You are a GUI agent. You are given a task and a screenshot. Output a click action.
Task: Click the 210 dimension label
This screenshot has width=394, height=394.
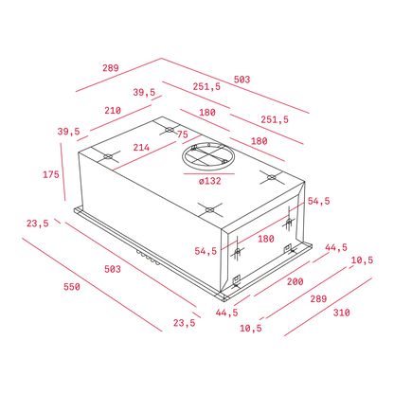(113, 111)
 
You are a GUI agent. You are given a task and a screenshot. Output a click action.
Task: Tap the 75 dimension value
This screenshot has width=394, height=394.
(183, 134)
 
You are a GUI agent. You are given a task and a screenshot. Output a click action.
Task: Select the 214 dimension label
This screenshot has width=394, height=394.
(141, 147)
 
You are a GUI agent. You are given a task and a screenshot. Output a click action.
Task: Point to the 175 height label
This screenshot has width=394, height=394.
(51, 174)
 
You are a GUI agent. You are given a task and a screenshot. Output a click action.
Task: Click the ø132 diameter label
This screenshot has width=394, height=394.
(210, 181)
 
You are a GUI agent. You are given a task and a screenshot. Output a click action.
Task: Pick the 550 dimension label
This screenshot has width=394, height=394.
(72, 287)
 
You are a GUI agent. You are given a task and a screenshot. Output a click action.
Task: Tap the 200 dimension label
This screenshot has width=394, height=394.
(295, 281)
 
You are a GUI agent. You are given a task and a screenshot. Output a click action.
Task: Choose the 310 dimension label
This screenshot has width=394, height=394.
(342, 313)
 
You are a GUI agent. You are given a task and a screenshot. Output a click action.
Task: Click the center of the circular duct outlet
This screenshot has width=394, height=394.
(208, 157)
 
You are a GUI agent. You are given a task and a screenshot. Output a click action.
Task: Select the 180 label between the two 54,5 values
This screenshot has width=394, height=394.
(266, 239)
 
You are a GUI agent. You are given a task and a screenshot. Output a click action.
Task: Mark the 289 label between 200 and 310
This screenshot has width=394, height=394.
(318, 298)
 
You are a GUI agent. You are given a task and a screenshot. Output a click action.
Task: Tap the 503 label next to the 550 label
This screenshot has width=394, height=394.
(113, 269)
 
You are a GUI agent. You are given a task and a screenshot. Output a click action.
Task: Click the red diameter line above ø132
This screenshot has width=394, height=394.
(209, 173)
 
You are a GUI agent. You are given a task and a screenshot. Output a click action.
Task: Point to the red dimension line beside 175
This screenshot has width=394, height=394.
(63, 171)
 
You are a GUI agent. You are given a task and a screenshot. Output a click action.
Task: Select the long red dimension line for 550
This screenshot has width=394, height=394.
(92, 285)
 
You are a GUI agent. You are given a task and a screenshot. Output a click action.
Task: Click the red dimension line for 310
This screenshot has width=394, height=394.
(328, 307)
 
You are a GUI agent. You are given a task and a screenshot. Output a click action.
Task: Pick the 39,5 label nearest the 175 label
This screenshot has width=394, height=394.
(68, 132)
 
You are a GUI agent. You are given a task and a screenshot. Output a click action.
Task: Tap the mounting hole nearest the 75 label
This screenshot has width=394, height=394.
(170, 130)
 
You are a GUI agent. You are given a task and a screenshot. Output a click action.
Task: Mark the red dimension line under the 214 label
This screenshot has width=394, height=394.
(157, 152)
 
